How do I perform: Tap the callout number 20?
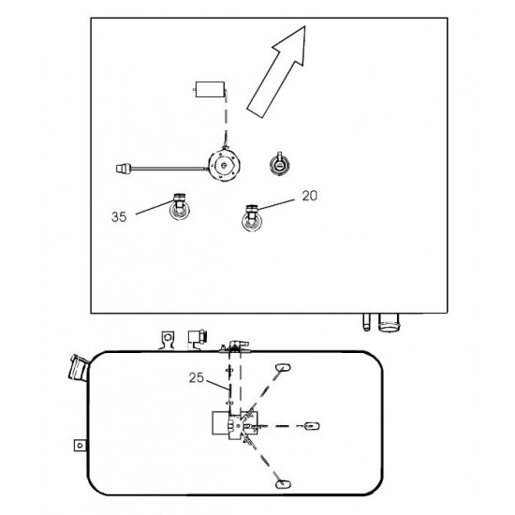(310, 196)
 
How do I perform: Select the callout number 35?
(119, 217)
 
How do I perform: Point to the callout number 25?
(197, 377)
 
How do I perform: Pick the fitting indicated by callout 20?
(252, 217)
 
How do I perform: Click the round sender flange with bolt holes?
(225, 165)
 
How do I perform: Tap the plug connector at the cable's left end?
(124, 169)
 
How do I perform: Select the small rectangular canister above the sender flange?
(210, 89)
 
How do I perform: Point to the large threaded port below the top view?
(390, 322)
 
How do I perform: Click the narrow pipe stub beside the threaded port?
(366, 322)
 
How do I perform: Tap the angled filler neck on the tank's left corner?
(79, 368)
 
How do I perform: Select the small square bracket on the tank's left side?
(80, 446)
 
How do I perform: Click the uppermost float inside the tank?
(283, 367)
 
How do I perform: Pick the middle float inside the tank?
(312, 426)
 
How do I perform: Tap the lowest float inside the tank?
(283, 484)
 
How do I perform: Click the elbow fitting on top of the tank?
(237, 346)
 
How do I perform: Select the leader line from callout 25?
(217, 385)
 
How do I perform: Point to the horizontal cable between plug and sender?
(170, 169)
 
